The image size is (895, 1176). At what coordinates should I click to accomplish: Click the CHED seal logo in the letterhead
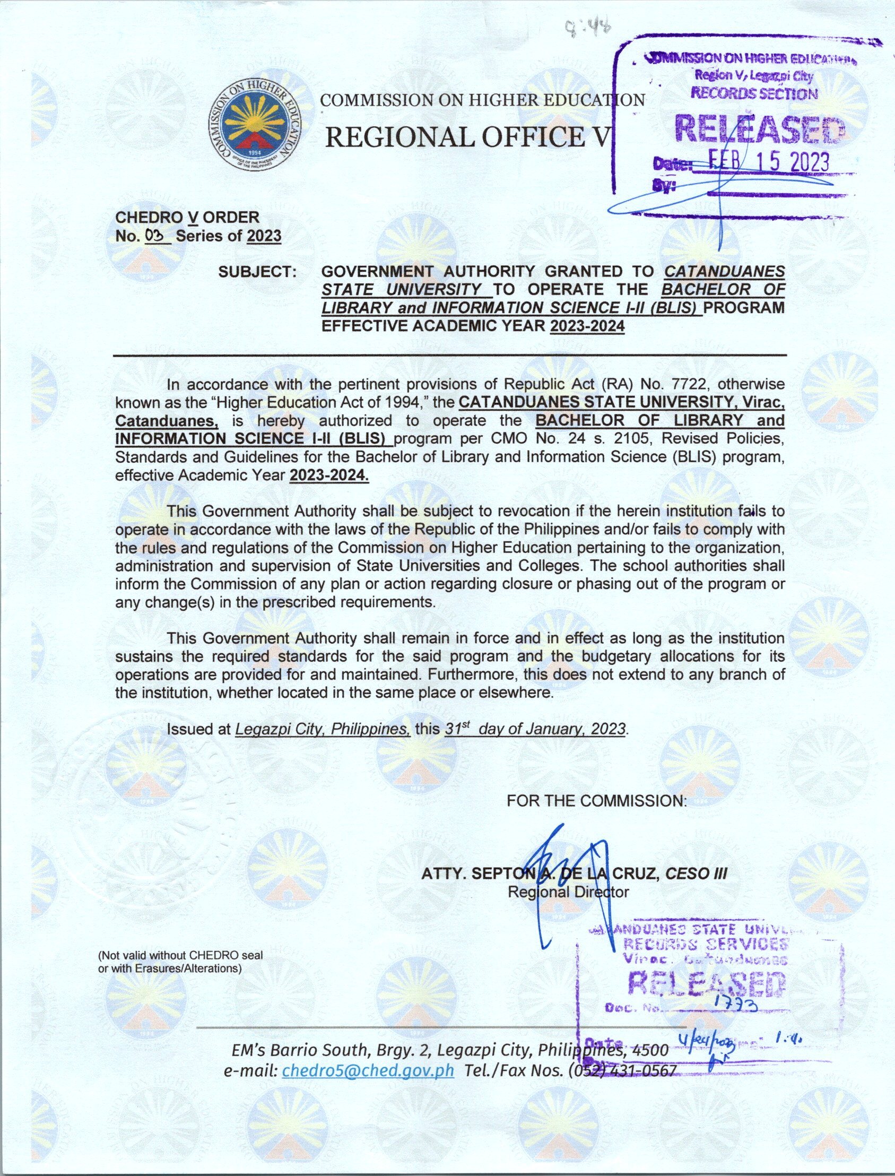point(254,126)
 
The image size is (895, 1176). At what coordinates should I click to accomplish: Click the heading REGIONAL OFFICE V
point(466,137)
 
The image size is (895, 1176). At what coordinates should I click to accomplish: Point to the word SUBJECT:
point(257,272)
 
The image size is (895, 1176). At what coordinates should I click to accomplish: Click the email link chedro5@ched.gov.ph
point(368,1070)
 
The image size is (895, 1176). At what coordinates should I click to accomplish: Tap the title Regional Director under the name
point(568,892)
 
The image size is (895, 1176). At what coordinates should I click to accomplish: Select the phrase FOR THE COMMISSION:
point(597,801)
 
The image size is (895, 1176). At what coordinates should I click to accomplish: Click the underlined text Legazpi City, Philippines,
point(323,729)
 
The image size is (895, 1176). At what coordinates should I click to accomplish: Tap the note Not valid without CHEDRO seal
point(180,955)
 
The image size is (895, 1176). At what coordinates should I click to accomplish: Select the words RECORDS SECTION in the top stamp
point(754,94)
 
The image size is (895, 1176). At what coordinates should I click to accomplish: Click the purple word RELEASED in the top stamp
point(759,128)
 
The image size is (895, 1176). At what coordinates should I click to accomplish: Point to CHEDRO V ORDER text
point(187,218)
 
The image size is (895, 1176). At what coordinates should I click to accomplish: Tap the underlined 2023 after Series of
point(264,236)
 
